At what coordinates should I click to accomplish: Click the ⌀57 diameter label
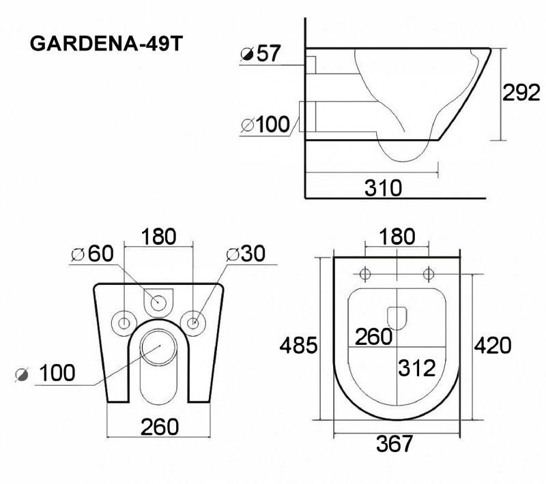pos(261,53)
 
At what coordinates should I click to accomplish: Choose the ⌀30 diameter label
pos(245,254)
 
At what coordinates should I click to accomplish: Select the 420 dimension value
pos(492,346)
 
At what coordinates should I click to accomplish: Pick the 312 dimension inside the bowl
pos(416,368)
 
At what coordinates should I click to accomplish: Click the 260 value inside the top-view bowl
pos(373,336)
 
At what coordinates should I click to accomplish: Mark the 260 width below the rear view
pos(159,427)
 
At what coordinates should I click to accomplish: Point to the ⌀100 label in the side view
pos(265,125)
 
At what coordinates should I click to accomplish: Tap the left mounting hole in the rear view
pos(125,322)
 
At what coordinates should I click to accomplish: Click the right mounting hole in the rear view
pos(194,322)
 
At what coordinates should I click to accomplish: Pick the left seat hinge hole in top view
pos(364,274)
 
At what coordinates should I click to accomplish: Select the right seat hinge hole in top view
pos(428,274)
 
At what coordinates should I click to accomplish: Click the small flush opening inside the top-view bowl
pos(397,317)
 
